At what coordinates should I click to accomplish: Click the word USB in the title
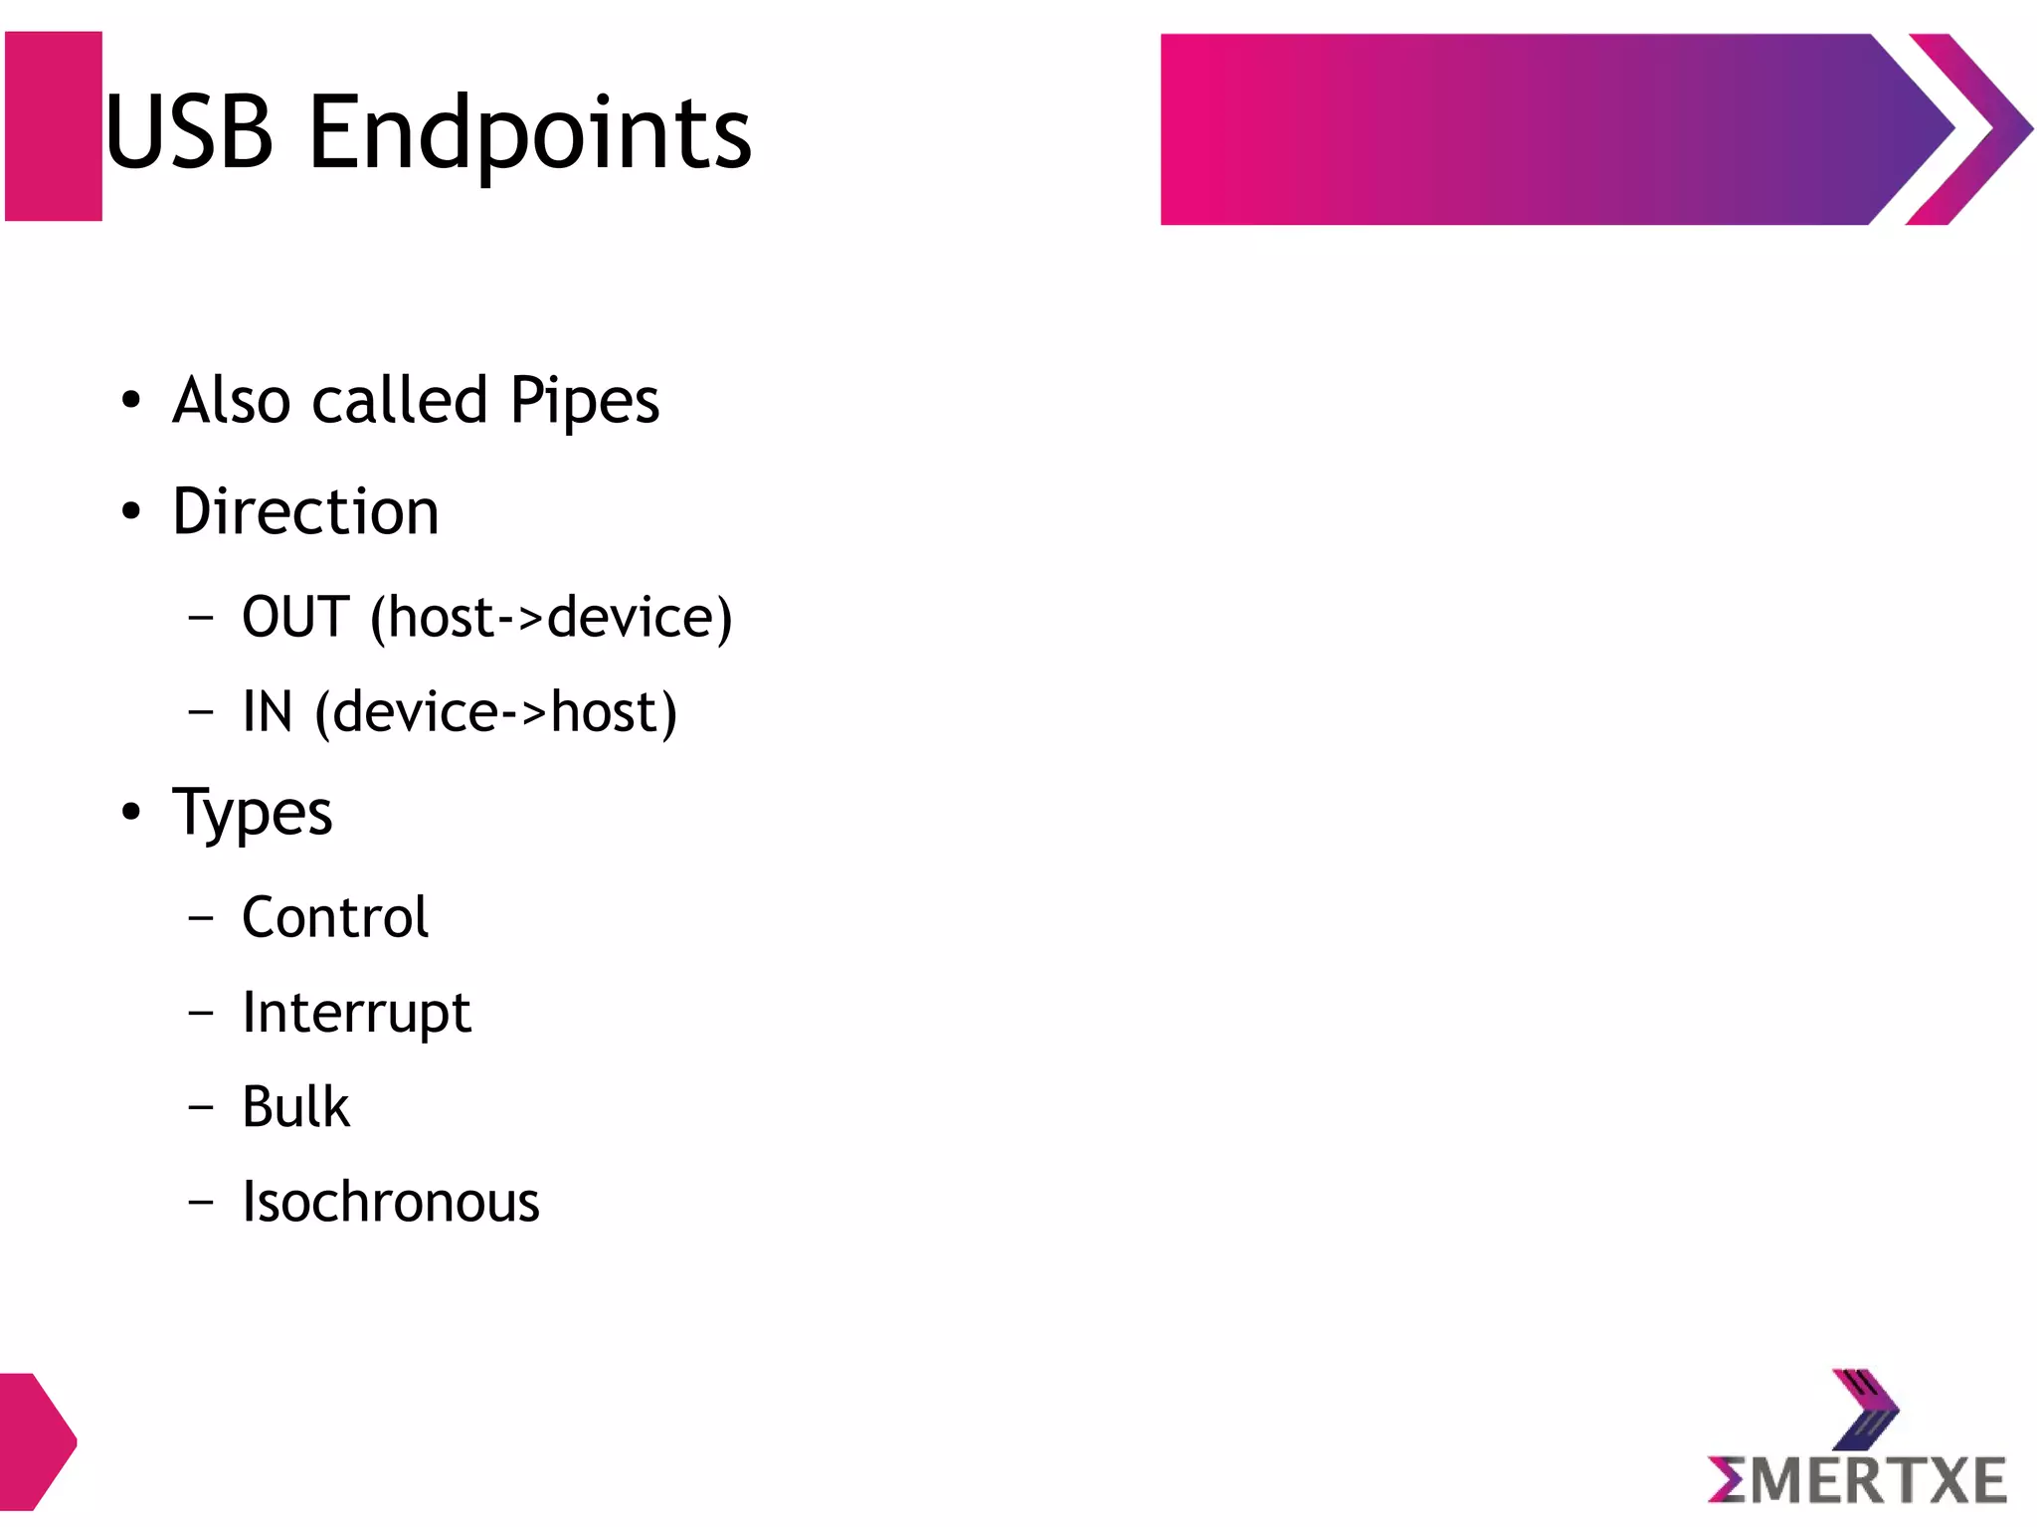tap(189, 131)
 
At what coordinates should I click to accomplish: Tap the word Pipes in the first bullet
tap(584, 401)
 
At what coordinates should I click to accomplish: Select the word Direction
tap(305, 511)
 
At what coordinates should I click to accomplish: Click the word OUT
tap(295, 617)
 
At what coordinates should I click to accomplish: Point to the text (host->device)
tap(551, 618)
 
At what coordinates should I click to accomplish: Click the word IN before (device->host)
tap(268, 712)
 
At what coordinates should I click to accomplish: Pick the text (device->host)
tap(496, 713)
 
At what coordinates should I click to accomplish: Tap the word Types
tap(253, 814)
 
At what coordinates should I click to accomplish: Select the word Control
tap(335, 917)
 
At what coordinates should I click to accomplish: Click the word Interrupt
tap(356, 1014)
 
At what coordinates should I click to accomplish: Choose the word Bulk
tap(295, 1107)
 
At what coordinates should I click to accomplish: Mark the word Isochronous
tap(391, 1202)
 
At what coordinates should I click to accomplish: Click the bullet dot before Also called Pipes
tap(131, 401)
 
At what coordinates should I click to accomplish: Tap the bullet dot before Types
tap(131, 812)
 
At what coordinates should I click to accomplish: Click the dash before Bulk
tap(201, 1107)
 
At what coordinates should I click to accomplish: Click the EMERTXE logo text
tap(1857, 1479)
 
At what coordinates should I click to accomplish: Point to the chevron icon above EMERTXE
tap(1864, 1409)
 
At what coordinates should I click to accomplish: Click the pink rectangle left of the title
tap(54, 126)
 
